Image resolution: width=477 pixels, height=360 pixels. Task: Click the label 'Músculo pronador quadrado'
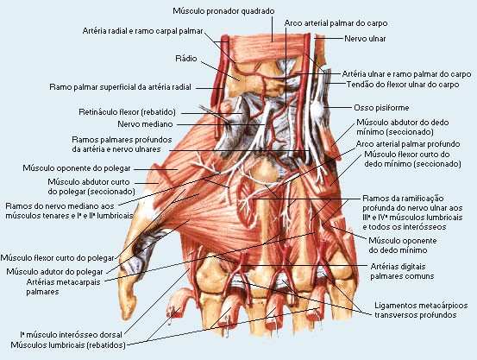pyautogui.click(x=223, y=11)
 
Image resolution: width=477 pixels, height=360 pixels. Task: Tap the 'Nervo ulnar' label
pyautogui.click(x=365, y=39)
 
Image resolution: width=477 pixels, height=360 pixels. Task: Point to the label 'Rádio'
pyautogui.click(x=186, y=58)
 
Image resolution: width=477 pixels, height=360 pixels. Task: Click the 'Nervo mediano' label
pyautogui.click(x=145, y=124)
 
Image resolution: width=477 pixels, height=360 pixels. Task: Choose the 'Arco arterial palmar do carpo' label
pyautogui.click(x=336, y=23)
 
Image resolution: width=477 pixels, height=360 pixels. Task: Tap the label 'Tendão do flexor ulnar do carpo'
pyautogui.click(x=403, y=84)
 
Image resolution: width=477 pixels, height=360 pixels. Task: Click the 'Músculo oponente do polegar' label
pyautogui.click(x=77, y=168)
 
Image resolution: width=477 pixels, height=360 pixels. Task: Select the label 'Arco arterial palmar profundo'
pyautogui.click(x=408, y=144)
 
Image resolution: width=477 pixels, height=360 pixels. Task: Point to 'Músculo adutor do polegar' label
pyautogui.click(x=54, y=271)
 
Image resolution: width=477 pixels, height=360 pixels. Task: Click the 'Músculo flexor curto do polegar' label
pyautogui.click(x=57, y=258)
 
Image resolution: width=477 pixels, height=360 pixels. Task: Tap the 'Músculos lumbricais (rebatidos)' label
pyautogui.click(x=68, y=345)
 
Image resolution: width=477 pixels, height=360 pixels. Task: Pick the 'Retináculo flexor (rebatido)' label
pyautogui.click(x=127, y=112)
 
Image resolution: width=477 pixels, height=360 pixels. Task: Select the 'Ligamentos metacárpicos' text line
pyautogui.click(x=421, y=305)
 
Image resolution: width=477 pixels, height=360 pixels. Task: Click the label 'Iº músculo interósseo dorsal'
pyautogui.click(x=72, y=335)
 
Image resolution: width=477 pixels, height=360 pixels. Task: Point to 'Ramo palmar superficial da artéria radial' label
pyautogui.click(x=121, y=87)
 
